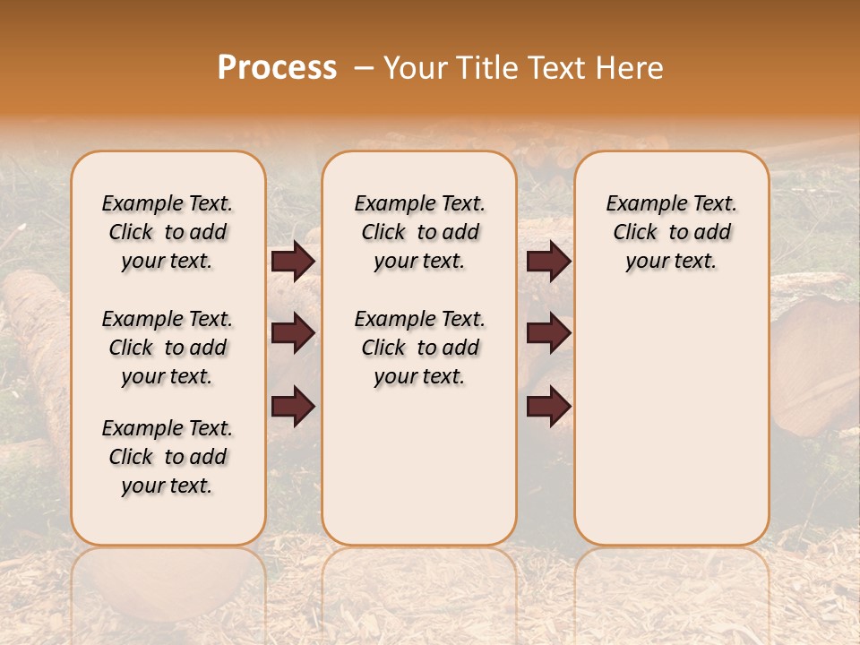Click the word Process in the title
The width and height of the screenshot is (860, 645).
tap(277, 68)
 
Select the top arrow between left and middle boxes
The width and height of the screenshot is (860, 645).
tap(293, 262)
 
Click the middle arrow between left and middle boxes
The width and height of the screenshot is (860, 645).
tap(293, 333)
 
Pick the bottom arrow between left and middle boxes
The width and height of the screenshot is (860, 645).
tap(293, 407)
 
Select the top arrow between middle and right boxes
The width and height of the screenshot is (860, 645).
tap(548, 262)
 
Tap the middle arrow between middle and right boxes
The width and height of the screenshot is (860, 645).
tap(548, 333)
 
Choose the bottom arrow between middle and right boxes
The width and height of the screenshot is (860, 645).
tap(548, 407)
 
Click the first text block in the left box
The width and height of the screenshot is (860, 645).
tap(168, 232)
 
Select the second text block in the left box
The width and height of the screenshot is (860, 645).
tap(168, 348)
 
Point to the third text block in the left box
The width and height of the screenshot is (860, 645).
tap(168, 457)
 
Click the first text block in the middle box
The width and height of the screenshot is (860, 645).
tap(420, 232)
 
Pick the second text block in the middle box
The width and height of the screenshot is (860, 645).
tap(420, 348)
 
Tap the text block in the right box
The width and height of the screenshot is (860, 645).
tap(672, 232)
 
